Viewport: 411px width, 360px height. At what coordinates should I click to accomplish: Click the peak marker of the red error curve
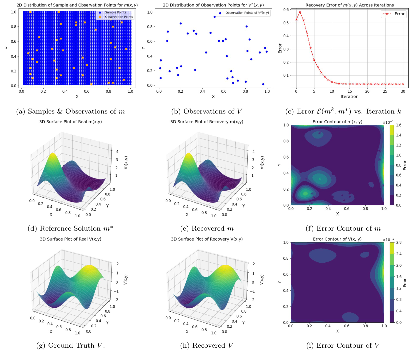pos(300,12)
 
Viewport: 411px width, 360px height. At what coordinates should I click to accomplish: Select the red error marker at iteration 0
pos(296,20)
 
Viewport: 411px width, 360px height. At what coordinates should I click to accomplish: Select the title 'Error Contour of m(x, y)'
pos(337,121)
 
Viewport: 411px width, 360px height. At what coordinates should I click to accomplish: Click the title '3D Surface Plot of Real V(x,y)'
pos(71,239)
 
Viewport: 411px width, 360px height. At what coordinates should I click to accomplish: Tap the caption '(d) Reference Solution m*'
pos(70,229)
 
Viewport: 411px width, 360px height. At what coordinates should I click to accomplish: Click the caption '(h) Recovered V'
pos(207,346)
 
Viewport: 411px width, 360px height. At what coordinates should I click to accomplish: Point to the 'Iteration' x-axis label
pos(350,96)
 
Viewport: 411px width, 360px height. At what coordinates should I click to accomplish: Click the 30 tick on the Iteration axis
pos(403,91)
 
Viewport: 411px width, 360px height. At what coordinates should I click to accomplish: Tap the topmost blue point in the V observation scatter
pos(214,17)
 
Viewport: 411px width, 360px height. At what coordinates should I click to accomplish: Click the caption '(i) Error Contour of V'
pos(343,346)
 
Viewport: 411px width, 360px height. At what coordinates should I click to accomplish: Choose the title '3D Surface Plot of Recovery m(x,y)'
pos(207,121)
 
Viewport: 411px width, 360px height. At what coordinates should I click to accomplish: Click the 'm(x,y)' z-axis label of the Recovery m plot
pos(262,163)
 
